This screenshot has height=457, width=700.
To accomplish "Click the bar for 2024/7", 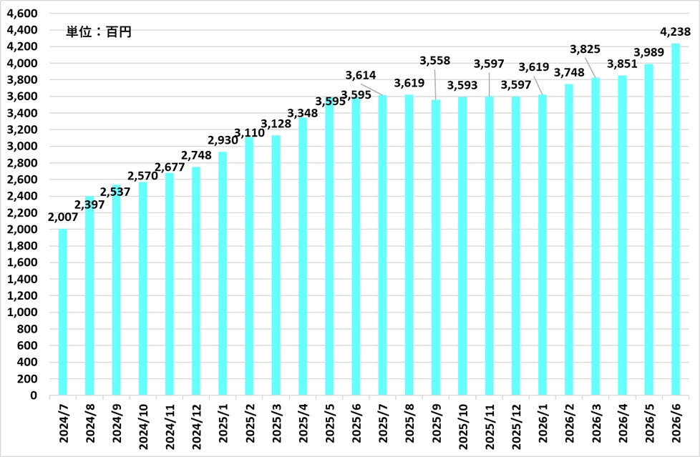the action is pyautogui.click(x=62, y=312).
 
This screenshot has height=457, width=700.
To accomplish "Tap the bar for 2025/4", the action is pyautogui.click(x=303, y=256).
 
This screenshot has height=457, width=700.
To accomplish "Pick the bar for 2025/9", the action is pyautogui.click(x=436, y=247).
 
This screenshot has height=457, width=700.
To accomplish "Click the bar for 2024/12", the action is pyautogui.click(x=196, y=281).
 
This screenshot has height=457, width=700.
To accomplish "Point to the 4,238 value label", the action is pyautogui.click(x=675, y=31).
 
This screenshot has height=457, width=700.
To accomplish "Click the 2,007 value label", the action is pyautogui.click(x=62, y=217).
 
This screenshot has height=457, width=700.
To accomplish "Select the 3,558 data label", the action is pyautogui.click(x=435, y=60).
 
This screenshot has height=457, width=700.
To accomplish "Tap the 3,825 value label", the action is pyautogui.click(x=585, y=49).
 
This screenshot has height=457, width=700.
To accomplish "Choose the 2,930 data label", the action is pyautogui.click(x=223, y=140).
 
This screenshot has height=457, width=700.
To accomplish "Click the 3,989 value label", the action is pyautogui.click(x=648, y=52).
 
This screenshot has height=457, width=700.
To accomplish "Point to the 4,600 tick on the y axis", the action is pyautogui.click(x=22, y=14).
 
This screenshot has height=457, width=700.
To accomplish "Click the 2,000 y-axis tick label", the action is pyautogui.click(x=22, y=230).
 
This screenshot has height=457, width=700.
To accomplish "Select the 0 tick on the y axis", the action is pyautogui.click(x=34, y=395).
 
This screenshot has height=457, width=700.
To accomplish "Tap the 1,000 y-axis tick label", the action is pyautogui.click(x=22, y=313).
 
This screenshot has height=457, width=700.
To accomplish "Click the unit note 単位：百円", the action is pyautogui.click(x=99, y=32).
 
